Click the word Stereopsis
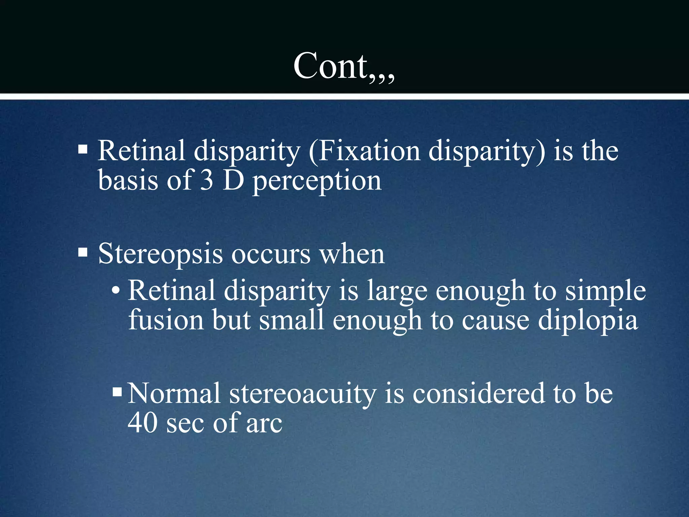point(160,254)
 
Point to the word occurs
point(271,254)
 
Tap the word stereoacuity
point(302,394)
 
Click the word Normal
point(174,393)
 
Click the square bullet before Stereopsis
point(83,252)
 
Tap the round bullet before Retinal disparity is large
point(115,290)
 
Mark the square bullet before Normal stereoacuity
point(117,391)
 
